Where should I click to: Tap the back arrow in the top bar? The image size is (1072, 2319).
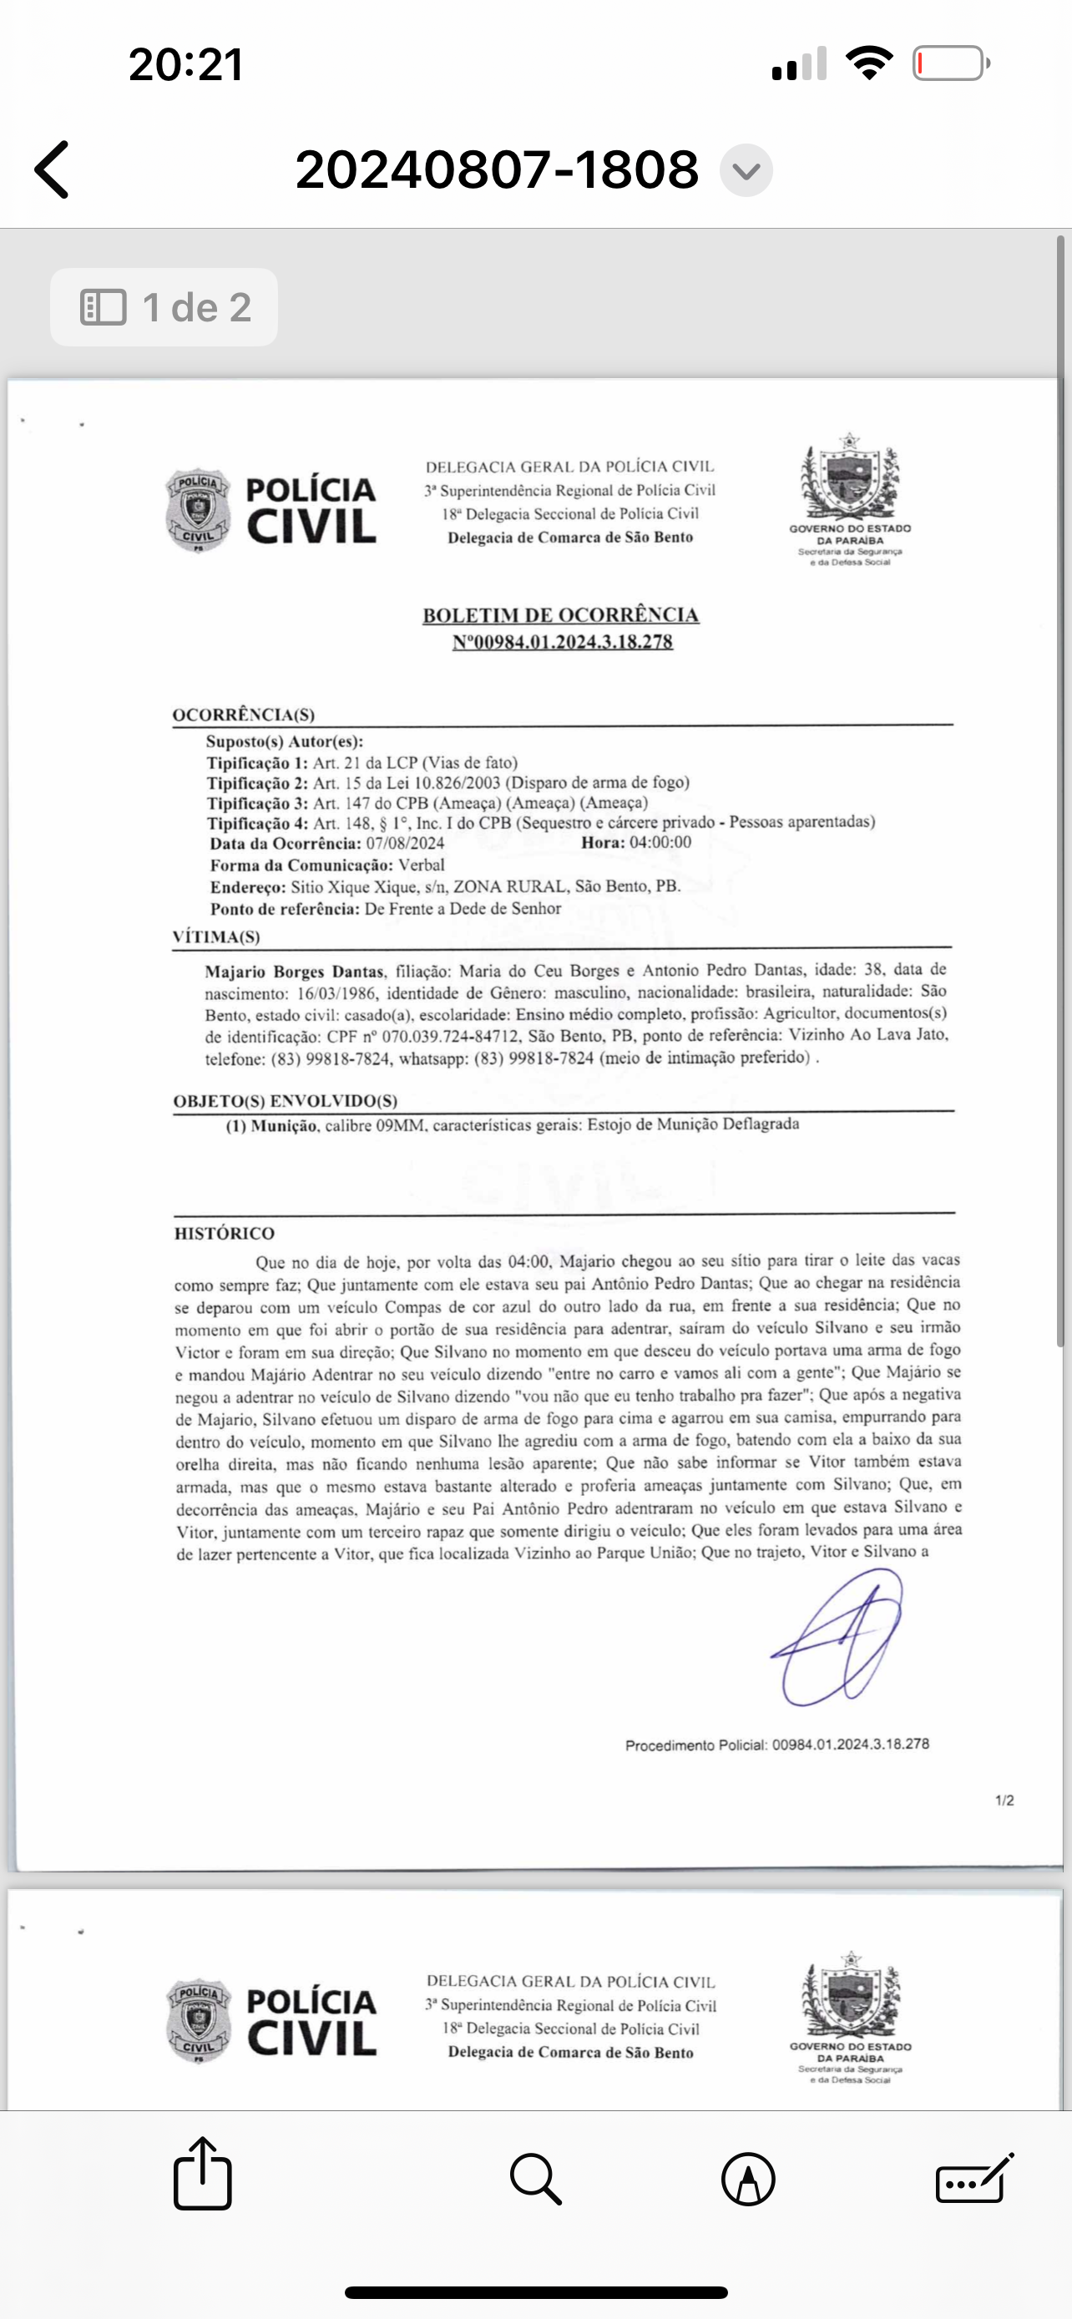pos(53,169)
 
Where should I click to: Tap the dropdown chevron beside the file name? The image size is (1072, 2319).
pos(746,170)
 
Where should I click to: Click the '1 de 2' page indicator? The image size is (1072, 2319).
pos(164,307)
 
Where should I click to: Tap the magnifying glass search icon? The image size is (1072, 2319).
pos(535,2179)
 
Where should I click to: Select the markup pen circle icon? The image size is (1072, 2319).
pos(748,2179)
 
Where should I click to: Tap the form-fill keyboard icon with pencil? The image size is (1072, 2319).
pos(975,2179)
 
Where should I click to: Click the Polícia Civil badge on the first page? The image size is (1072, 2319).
pos(198,509)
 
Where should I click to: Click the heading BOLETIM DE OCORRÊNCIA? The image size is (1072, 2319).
pos(561,616)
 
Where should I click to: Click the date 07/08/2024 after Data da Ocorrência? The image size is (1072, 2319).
pos(405,843)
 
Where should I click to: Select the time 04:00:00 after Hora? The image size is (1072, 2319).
pos(660,842)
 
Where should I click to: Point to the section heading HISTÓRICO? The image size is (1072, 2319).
pos(224,1233)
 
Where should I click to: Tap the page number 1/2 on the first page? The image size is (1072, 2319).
pos(1004,1801)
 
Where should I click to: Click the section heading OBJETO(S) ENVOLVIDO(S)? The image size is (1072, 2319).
pos(286,1101)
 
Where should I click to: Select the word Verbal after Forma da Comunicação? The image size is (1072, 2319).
pos(422,865)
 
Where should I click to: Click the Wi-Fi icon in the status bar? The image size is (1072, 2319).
pos(868,63)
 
